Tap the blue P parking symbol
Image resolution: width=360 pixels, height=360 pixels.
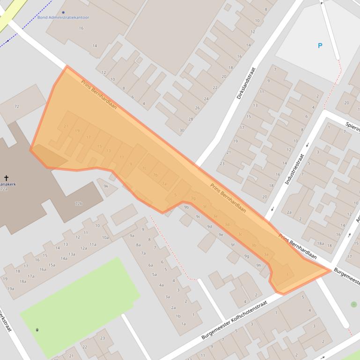click(320, 46)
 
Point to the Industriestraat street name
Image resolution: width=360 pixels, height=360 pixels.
click(295, 169)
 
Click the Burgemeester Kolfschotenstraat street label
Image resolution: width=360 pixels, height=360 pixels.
click(234, 320)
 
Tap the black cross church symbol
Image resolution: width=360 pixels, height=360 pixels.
click(6, 178)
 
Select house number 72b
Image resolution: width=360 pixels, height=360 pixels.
click(79, 203)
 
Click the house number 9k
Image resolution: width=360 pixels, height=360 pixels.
click(106, 186)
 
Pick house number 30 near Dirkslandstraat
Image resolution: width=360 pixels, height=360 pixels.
click(182, 130)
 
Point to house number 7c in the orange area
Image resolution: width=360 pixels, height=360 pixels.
click(144, 168)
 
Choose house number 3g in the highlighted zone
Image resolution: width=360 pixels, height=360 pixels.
click(192, 199)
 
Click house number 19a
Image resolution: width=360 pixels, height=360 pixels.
click(10, 288)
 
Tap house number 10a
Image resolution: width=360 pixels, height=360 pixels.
click(105, 238)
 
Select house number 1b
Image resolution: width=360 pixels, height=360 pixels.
click(178, 316)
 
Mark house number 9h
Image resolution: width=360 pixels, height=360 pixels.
click(258, 265)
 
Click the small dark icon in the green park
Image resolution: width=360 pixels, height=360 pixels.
click(37, 330)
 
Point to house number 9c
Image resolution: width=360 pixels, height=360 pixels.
click(198, 216)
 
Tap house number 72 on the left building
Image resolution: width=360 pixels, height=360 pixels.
click(16, 107)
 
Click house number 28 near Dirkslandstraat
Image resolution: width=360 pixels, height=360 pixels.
click(191, 119)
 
